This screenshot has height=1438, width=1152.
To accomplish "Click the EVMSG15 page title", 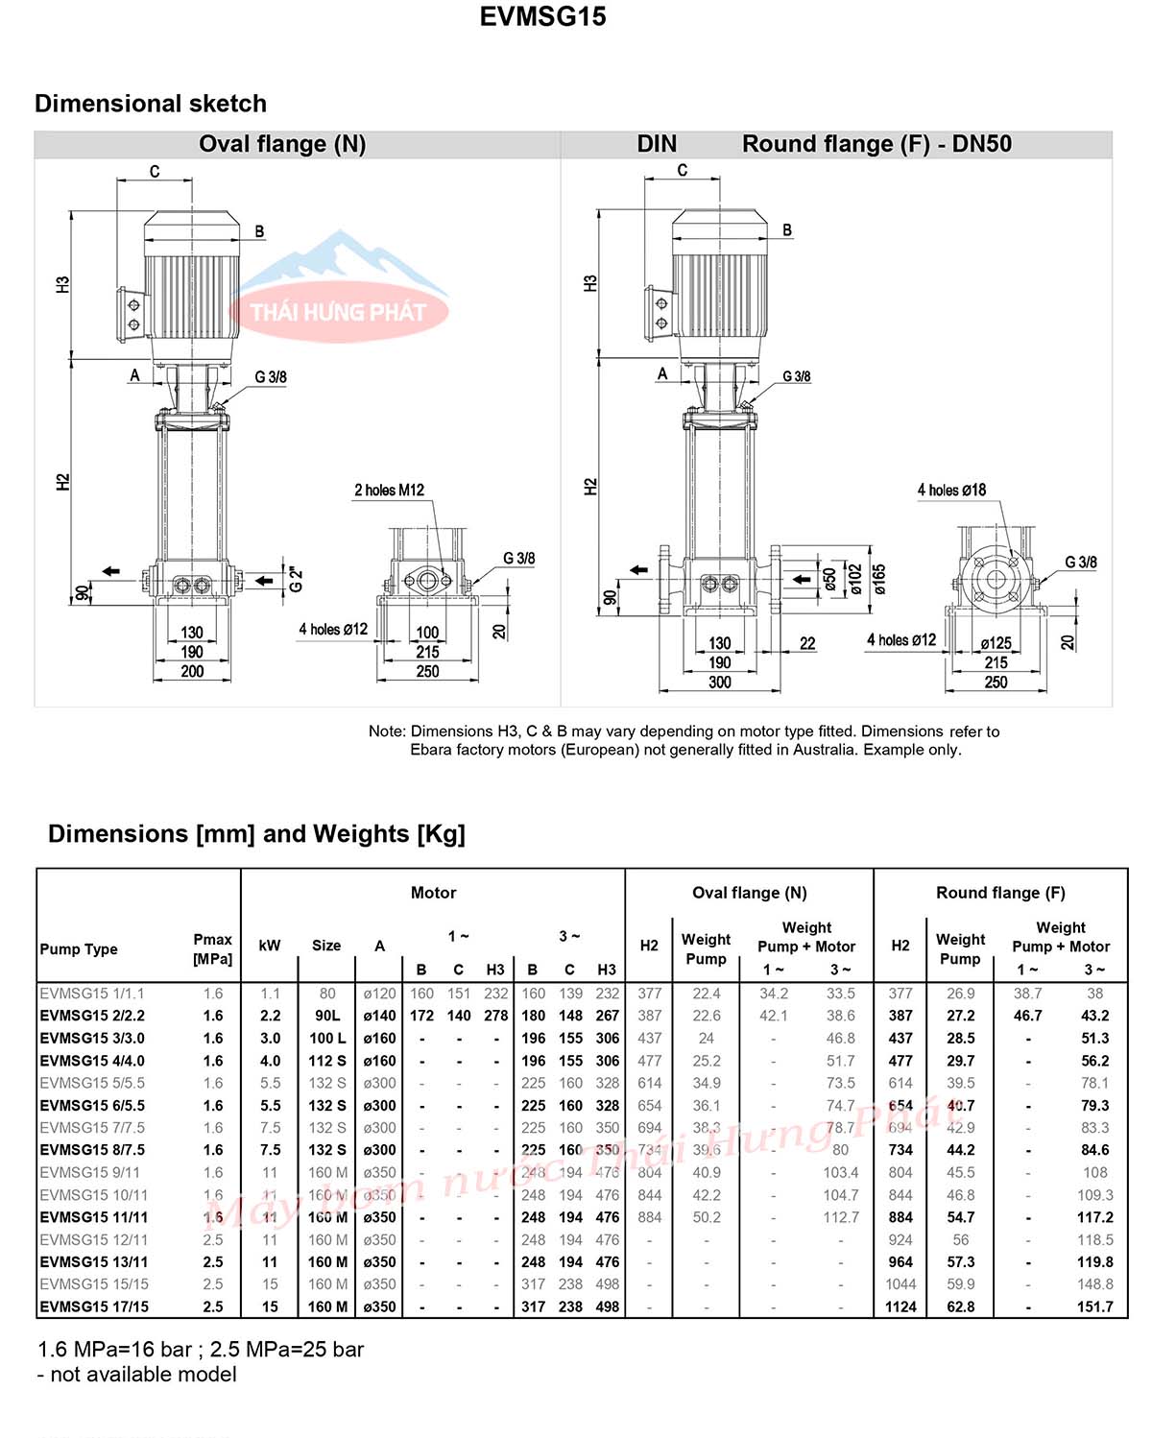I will pos(542,16).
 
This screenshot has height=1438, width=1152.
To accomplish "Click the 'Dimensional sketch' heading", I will pos(151,104).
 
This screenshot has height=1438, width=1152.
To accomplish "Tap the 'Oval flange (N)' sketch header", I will pos(282,144).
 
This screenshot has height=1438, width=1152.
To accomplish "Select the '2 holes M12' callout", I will pos(389,490).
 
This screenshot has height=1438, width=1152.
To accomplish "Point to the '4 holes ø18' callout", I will pos(951,490).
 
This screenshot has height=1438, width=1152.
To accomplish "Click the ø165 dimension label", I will pos(879,578).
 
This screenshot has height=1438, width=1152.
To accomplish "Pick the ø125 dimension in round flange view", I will pos(996,643).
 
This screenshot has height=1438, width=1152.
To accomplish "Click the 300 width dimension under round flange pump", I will pos(719,682).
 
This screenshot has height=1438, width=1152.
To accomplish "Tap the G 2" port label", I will pos(297,579).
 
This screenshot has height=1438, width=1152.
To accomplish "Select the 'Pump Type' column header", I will pos(79,948).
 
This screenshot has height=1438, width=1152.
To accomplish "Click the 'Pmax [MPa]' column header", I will pos(212,948).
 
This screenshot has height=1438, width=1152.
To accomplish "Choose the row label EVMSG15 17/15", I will pos(94,1306).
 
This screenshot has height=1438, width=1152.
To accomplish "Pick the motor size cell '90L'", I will pos(327,1016).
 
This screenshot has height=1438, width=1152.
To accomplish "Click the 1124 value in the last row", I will pos(900,1306).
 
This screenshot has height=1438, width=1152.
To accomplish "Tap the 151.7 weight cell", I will pos(1094,1306).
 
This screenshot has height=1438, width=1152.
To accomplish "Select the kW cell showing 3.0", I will pos(270,1038).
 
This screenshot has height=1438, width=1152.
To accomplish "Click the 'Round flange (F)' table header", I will pos(1000,893).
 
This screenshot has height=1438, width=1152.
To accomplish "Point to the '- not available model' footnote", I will pos(136,1375).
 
